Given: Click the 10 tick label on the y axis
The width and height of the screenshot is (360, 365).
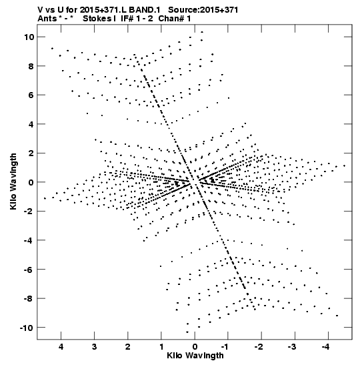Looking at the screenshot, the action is pos(29,37).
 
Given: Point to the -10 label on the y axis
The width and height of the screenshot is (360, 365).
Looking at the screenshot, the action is pos(26,328).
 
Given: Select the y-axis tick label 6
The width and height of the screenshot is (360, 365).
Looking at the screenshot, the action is pos(31,95).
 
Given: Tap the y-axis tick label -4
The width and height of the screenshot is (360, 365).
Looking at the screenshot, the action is pos(29,240).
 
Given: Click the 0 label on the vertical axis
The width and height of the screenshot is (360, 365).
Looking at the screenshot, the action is pos(31,182).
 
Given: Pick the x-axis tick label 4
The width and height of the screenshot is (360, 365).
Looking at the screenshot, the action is pos(61,347).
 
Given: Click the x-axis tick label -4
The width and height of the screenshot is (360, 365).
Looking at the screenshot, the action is pos(325,347).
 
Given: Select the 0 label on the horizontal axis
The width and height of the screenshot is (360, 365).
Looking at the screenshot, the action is pos(195,347).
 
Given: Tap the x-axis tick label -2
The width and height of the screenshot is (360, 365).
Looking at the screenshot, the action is pos(259,347).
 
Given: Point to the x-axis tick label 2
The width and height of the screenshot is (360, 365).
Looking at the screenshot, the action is pos(128,347).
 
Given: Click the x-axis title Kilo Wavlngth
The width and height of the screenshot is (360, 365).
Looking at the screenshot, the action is pos(195,356).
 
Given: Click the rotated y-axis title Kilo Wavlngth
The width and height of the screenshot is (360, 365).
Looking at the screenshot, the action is pos(13,181).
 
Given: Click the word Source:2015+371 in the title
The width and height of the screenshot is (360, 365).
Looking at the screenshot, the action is pos(203,10).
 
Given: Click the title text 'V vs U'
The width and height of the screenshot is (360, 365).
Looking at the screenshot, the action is pos(51,10).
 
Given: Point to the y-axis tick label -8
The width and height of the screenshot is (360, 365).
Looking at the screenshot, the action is pos(29,299).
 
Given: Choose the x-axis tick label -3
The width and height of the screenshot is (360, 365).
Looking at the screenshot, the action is pos(292,347).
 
